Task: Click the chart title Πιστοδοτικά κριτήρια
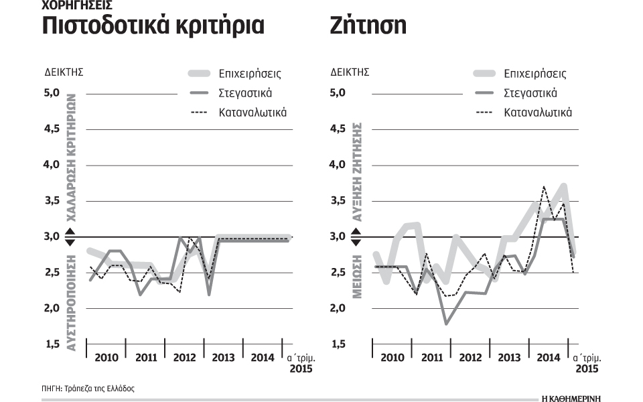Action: coord(153,25)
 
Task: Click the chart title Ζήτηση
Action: coord(368,25)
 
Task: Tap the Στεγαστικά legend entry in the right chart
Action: coord(530,93)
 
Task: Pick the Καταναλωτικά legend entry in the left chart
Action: coord(253,112)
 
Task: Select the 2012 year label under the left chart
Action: coord(185,358)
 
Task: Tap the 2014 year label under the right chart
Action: coord(549,358)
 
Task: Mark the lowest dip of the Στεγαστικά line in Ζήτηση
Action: coord(447,324)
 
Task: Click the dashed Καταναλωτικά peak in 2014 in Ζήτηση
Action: coord(544,187)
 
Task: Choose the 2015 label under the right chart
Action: coord(587,369)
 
